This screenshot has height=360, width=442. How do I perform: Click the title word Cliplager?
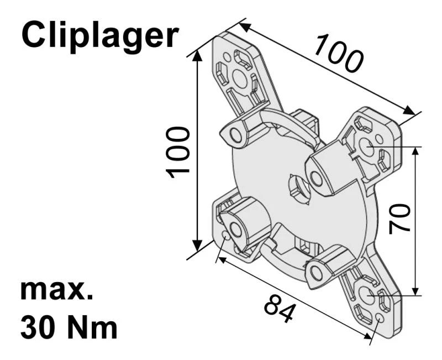100,35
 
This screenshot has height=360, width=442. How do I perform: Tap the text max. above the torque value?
56,290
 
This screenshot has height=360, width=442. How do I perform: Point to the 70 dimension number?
399,218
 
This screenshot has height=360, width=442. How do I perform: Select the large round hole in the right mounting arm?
367,147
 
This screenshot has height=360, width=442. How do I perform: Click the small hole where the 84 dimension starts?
225,236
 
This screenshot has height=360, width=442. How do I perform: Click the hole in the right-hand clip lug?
315,179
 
